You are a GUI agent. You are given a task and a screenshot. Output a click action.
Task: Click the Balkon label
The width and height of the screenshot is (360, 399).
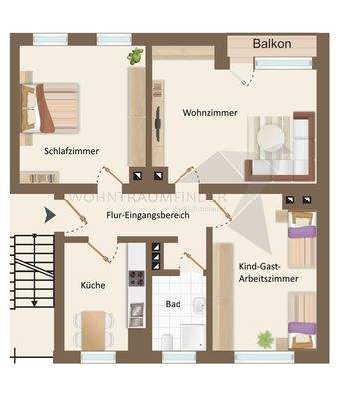coord(272,45)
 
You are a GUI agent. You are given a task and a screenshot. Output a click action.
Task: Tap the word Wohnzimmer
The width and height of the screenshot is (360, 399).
coord(210,113)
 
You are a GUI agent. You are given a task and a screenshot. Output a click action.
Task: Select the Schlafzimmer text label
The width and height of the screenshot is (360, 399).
coord(72,152)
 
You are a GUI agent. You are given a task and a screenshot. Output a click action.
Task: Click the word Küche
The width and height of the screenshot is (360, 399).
coord(93,285)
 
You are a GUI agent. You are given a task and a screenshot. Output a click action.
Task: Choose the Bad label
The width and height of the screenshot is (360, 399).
coord(174,304)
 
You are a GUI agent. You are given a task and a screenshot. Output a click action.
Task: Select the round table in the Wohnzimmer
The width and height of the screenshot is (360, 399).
coord(270,136)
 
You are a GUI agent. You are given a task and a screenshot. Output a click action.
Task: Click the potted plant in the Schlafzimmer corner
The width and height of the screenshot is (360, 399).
coord(134,56)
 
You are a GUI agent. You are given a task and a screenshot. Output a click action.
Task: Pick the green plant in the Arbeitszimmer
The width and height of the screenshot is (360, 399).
coord(265,340)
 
